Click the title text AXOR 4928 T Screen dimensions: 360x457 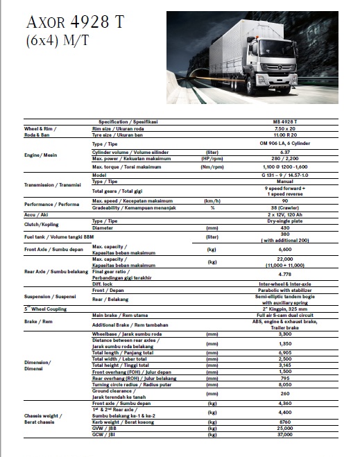pos(74,21)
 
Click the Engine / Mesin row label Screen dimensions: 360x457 pos(42,155)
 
